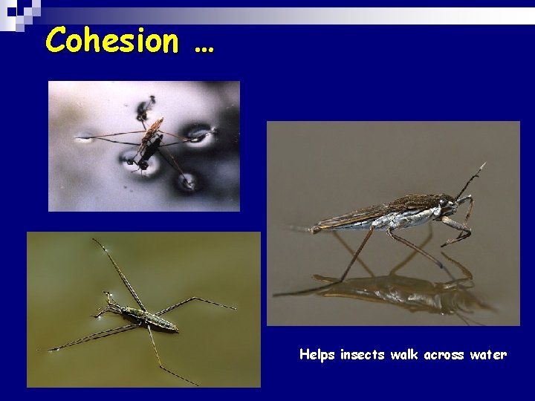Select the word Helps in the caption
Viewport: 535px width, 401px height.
[317, 355]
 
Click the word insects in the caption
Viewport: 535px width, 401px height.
[363, 355]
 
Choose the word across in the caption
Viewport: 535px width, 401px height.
[447, 355]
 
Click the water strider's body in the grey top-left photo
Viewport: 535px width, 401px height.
[149, 141]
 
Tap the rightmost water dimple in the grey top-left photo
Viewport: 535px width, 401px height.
[199, 134]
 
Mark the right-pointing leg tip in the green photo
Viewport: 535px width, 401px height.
[235, 308]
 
